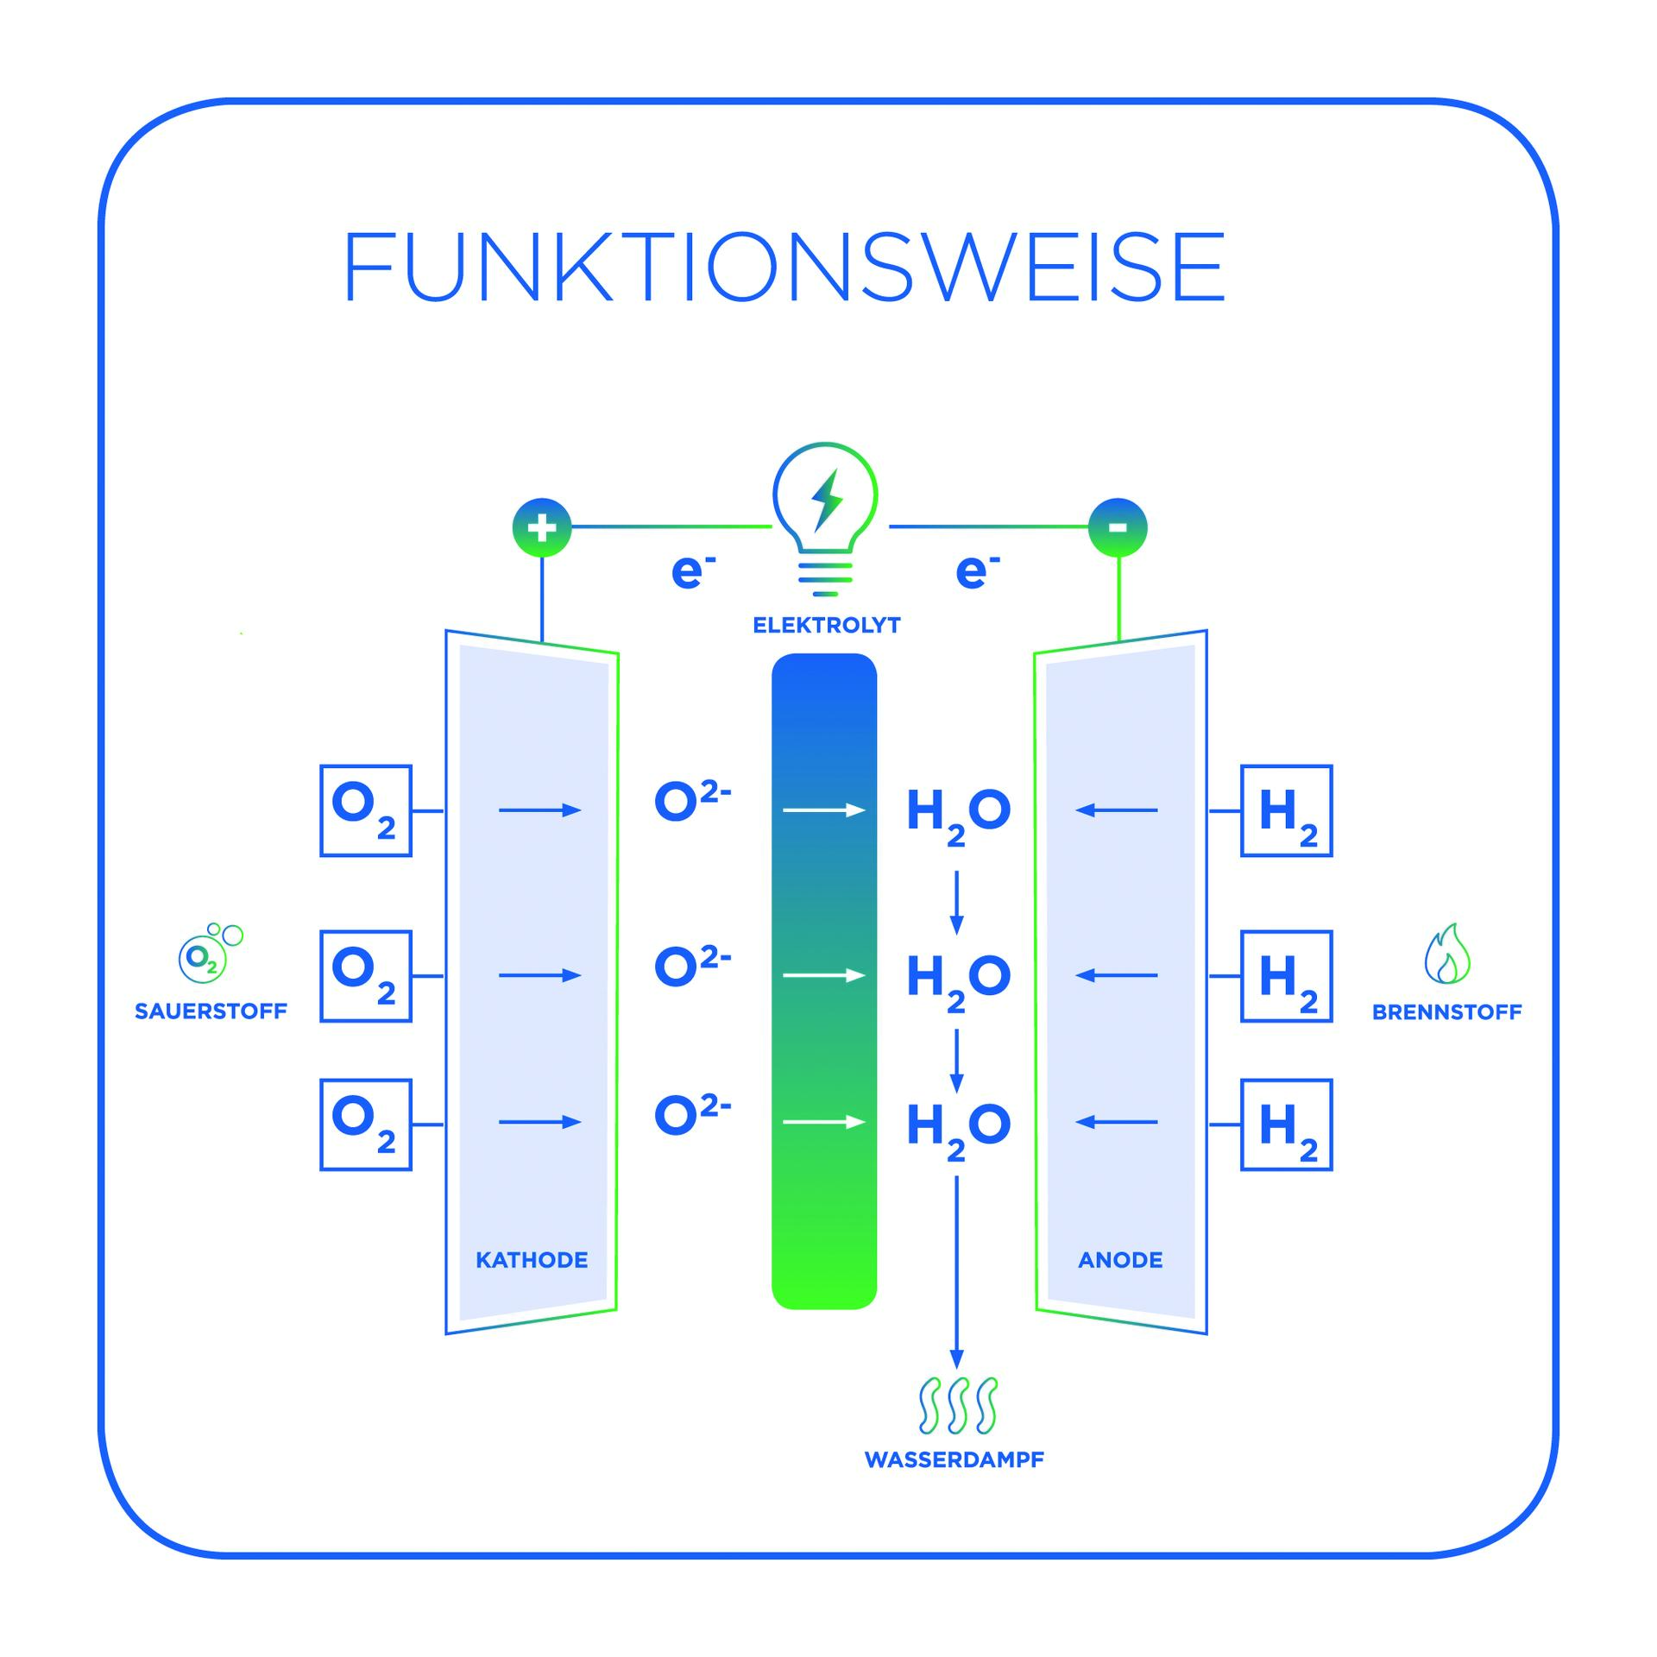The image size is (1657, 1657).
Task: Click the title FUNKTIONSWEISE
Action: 784,267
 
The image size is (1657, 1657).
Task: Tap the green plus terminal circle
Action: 542,527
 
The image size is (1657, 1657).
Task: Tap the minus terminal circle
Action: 1118,527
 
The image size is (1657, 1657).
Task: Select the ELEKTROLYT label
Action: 826,625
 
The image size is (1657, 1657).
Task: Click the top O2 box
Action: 365,810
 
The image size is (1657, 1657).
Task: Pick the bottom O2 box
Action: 365,1125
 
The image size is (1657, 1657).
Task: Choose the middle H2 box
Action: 1286,976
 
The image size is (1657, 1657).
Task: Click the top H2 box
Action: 1286,810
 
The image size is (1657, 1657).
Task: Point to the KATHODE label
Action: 532,1260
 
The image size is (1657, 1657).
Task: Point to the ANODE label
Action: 1120,1260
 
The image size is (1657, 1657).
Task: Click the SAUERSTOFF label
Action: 211,1011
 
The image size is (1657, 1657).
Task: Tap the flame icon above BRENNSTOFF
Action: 1446,955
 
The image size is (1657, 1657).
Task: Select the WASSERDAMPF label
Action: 954,1459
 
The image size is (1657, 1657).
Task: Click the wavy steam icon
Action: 957,1405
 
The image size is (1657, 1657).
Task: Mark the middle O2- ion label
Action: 692,966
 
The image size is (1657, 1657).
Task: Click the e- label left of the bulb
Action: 692,572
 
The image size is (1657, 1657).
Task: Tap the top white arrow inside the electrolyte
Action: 823,810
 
